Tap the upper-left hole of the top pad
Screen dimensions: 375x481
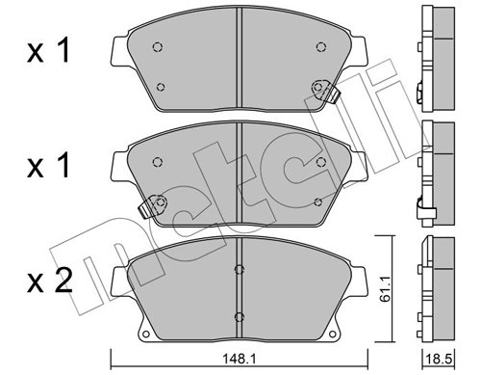pos(160,47)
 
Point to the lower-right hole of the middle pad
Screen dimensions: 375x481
pos(318,201)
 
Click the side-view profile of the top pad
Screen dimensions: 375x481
pos(438,58)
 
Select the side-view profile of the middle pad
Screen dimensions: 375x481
pos(438,174)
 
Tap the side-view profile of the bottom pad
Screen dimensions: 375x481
pos(438,284)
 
